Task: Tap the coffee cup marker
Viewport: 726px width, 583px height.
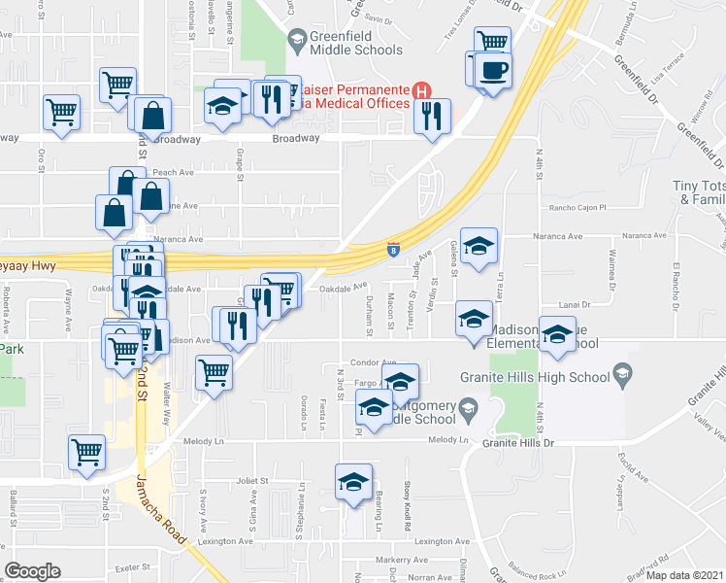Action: (494, 72)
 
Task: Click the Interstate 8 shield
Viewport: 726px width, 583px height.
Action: (393, 250)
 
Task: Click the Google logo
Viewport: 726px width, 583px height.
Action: (33, 571)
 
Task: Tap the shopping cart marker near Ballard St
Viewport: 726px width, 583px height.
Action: (87, 452)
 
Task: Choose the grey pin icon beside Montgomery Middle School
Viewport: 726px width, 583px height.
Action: (470, 406)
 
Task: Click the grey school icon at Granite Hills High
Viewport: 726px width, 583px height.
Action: (621, 374)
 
